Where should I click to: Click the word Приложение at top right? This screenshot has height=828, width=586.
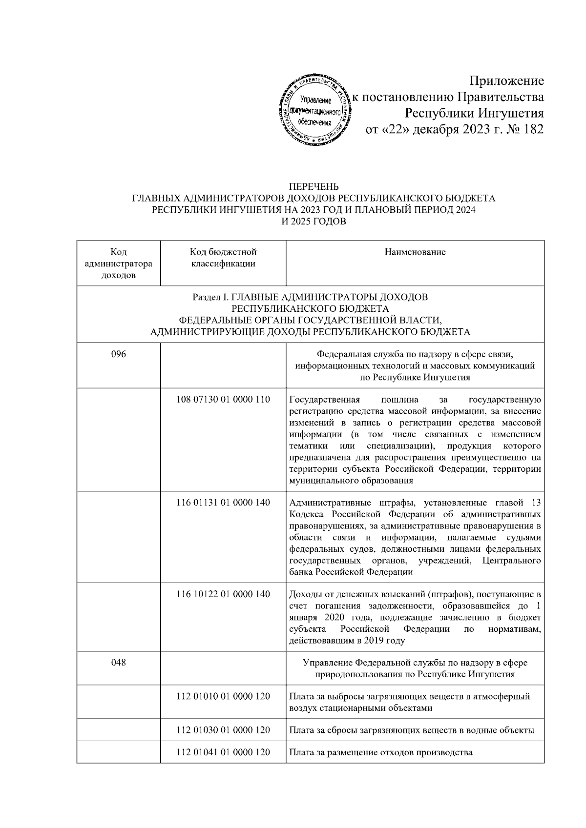(x=506, y=81)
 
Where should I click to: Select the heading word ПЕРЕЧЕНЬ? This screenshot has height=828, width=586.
(x=314, y=187)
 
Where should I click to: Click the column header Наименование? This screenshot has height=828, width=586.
(x=415, y=252)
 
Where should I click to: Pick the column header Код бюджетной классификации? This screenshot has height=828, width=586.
(x=223, y=258)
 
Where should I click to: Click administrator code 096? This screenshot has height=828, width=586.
(x=118, y=354)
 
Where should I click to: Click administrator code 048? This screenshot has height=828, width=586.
(x=118, y=663)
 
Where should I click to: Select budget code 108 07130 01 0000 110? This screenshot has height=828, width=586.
(x=223, y=400)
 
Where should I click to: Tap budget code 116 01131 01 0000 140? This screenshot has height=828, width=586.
(x=223, y=503)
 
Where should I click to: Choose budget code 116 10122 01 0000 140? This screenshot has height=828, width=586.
(x=223, y=594)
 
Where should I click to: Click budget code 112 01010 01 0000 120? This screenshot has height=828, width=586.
(x=223, y=696)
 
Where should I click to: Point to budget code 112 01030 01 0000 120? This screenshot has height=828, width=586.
(x=223, y=730)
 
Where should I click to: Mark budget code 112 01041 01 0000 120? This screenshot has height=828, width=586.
(x=223, y=752)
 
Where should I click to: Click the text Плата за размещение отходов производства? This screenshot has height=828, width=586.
(x=380, y=752)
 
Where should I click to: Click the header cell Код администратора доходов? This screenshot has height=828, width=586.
(x=118, y=263)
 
